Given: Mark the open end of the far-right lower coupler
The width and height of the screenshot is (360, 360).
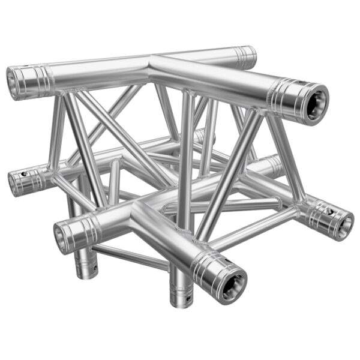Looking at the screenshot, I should [x=344, y=224].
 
